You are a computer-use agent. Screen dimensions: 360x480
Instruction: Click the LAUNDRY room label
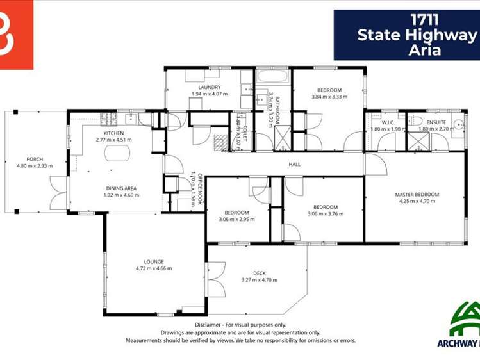coord(210,87)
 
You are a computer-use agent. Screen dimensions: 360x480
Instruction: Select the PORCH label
coord(35,159)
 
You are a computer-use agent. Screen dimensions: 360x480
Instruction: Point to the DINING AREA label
coord(121,188)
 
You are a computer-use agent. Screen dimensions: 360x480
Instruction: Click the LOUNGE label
coord(154,261)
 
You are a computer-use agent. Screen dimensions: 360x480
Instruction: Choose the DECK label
coord(259,274)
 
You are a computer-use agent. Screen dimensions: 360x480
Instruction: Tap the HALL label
coord(295,165)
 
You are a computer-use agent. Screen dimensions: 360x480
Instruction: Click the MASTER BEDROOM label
coord(417,194)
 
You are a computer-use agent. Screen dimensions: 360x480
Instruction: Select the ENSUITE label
coord(436,122)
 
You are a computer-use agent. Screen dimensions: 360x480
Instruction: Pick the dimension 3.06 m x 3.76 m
coord(326,214)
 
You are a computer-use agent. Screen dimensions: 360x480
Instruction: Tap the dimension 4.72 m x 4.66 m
coord(154,269)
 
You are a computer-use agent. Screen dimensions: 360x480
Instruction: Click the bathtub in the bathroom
coord(273,79)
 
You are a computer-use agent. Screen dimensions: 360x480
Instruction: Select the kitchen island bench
coord(117,153)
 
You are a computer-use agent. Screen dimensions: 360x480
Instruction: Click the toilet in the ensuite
coord(415,120)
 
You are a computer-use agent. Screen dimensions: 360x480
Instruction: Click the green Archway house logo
coord(466,319)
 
